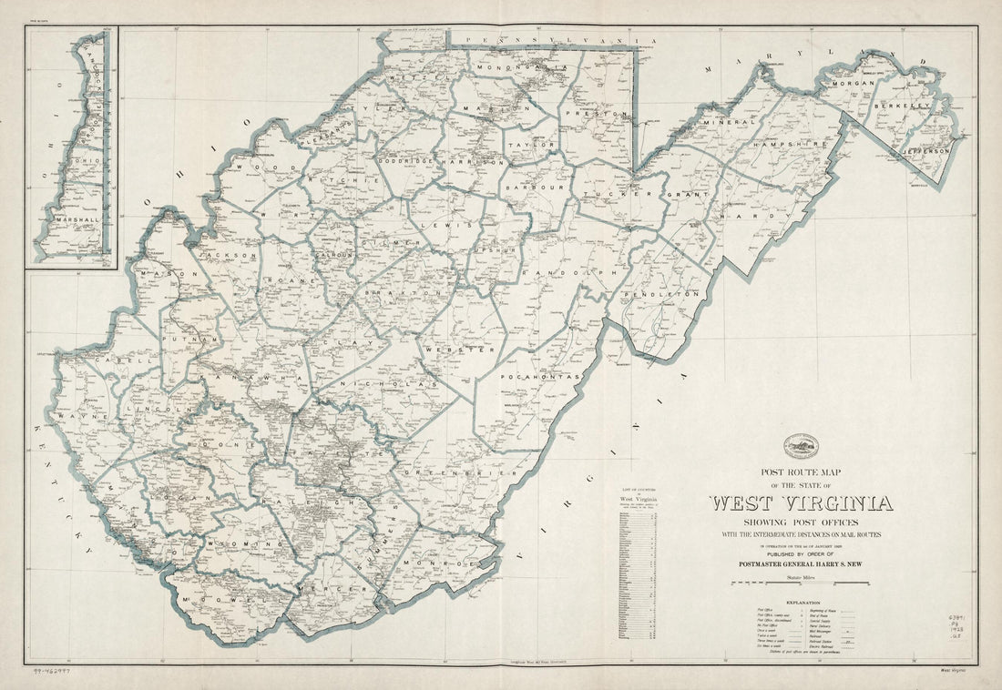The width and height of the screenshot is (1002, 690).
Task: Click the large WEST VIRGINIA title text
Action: tap(801, 503)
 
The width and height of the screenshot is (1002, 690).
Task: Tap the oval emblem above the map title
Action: tap(801, 445)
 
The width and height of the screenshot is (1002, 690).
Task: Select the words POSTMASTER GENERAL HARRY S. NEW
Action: tap(801, 562)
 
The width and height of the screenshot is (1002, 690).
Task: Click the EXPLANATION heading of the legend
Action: tap(801, 602)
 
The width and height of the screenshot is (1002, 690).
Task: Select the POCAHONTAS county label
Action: tap(539, 375)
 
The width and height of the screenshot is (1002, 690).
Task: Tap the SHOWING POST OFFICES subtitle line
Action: tap(801, 522)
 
